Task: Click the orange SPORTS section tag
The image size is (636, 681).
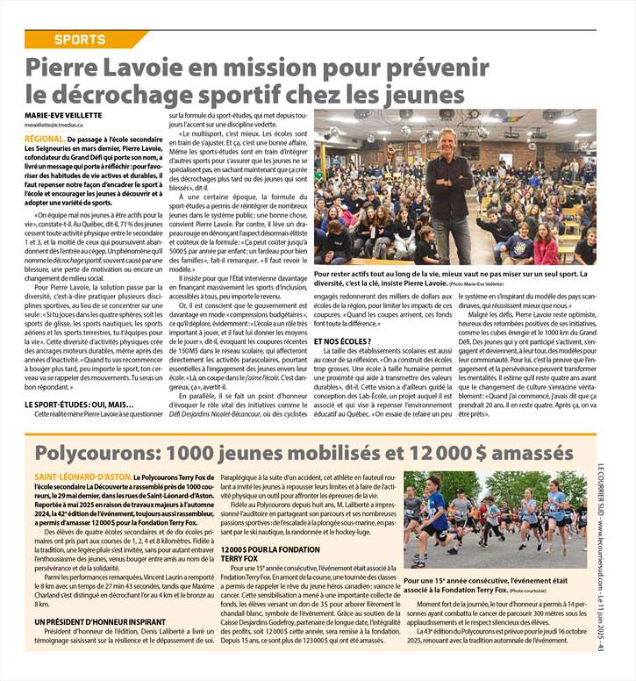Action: (x=81, y=39)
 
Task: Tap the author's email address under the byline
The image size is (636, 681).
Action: (x=59, y=125)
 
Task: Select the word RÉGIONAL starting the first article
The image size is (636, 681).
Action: (x=44, y=140)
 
